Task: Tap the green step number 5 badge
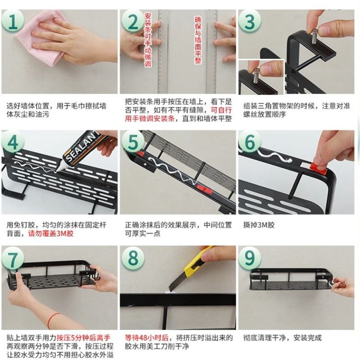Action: point(133,142)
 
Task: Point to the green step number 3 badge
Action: point(250,21)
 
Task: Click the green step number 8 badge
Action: point(134,260)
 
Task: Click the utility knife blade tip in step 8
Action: point(171,288)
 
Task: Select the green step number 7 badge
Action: point(14,260)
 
